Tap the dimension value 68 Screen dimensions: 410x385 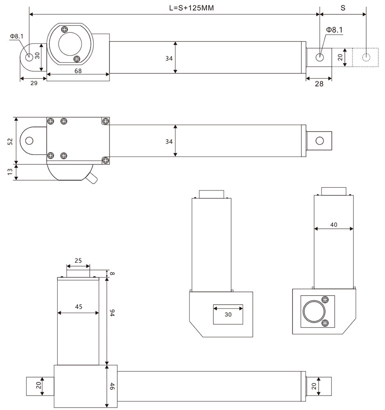[x=78, y=71]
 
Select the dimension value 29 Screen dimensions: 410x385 [x=34, y=83]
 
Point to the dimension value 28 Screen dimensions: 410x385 [x=319, y=84]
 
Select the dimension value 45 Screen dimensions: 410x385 [x=78, y=306]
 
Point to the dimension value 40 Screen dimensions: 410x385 [x=334, y=224]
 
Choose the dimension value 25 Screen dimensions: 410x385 [x=78, y=260]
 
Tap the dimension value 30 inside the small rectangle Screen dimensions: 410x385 [x=228, y=314]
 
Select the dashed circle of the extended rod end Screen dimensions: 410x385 [x=366, y=57]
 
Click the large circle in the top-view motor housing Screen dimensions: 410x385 [x=70, y=44]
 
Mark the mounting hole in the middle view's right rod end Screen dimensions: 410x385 [x=319, y=141]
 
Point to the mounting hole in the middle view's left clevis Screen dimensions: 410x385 [x=29, y=141]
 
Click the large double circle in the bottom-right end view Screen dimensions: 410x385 [x=313, y=312]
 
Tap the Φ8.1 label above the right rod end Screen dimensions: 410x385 [x=334, y=30]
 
